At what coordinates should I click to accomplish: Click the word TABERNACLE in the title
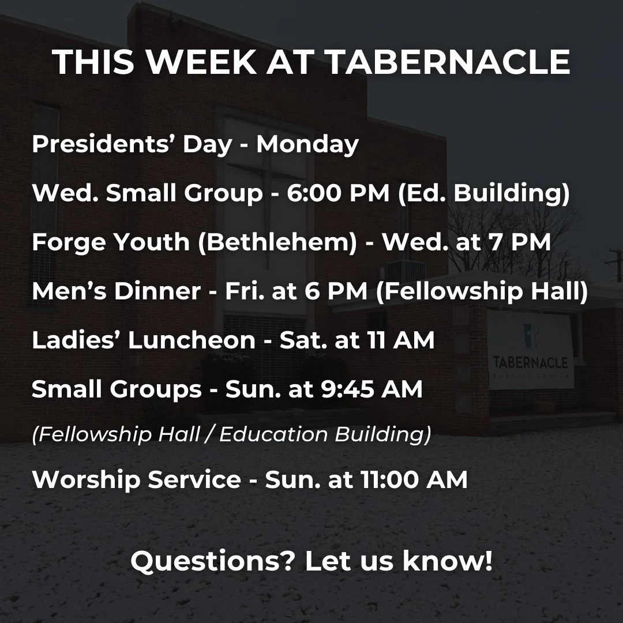tap(448, 62)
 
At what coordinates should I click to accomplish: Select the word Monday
tap(307, 144)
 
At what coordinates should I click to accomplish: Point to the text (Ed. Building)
tap(484, 193)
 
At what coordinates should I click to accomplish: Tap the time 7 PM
tap(517, 242)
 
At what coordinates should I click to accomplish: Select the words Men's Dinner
tap(116, 291)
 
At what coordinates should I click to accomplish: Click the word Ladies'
tap(76, 340)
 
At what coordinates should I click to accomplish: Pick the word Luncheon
tap(192, 340)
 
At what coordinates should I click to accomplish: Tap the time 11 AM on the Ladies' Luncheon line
tap(400, 340)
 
